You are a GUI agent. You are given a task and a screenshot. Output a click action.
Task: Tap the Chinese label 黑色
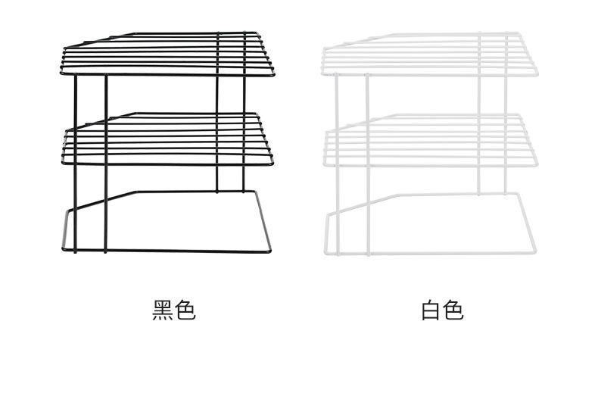click(174, 310)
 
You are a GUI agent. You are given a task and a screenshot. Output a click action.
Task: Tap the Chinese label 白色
click(442, 310)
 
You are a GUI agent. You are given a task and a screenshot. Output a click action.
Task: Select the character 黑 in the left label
click(163, 310)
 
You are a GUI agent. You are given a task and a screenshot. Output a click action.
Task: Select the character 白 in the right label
click(431, 310)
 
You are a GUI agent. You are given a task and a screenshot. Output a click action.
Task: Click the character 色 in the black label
click(185, 310)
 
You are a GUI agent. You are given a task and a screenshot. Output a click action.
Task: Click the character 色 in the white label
click(453, 310)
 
